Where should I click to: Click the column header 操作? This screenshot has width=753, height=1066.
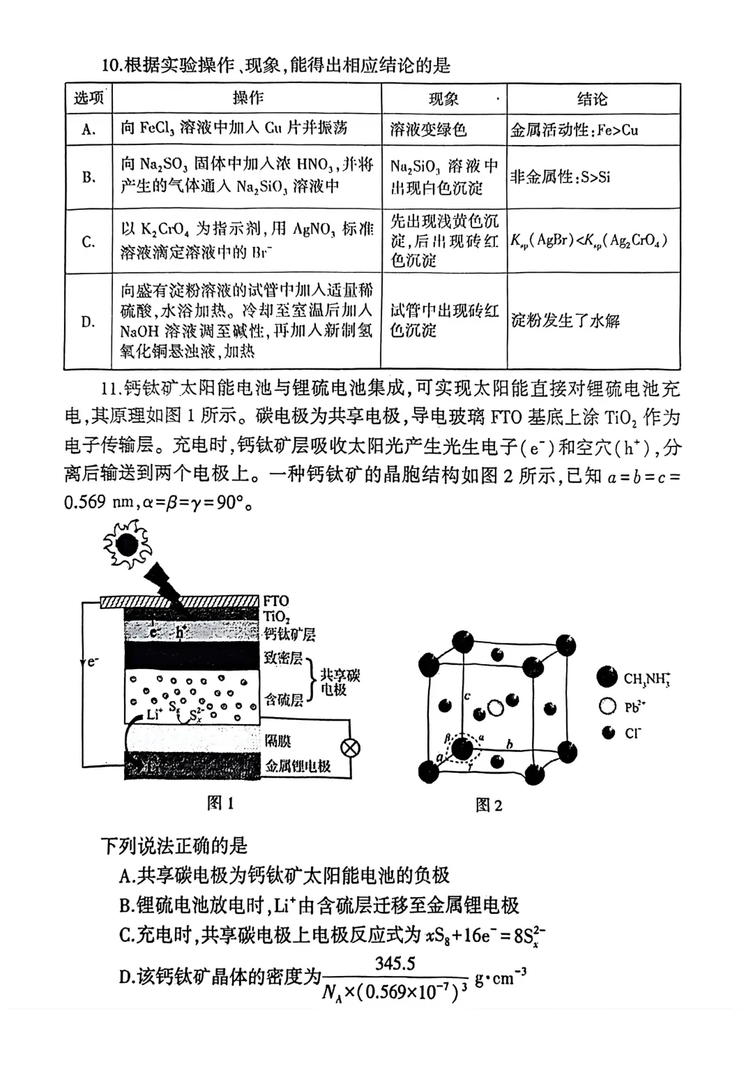248,98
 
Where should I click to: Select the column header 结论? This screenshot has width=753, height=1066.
592,99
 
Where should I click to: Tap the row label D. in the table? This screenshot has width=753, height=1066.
88,322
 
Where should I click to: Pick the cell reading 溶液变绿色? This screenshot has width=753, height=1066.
428,130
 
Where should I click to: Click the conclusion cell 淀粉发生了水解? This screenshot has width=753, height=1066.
565,321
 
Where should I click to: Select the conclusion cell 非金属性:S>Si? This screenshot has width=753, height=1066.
560,177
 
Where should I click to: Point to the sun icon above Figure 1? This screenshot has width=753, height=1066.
127,544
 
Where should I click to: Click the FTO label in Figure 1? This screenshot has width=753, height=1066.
276,601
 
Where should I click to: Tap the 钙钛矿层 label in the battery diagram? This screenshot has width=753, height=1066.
289,633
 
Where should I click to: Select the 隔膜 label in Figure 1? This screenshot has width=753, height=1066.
277,741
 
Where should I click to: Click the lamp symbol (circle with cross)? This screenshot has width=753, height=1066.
350,749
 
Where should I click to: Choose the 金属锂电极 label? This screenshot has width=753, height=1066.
298,766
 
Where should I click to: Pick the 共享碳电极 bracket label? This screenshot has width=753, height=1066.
340,682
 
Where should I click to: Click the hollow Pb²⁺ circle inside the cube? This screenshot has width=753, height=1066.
495,708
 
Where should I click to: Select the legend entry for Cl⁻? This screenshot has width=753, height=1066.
624,733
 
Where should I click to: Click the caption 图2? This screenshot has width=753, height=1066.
488,805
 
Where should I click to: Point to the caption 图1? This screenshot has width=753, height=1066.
220,803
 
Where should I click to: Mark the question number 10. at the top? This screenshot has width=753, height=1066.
112,66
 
